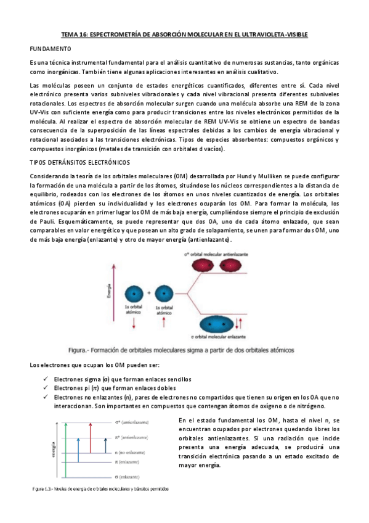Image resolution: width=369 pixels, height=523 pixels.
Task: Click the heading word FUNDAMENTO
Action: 51,48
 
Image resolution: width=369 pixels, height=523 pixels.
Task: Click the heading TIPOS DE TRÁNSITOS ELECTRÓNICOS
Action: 79,162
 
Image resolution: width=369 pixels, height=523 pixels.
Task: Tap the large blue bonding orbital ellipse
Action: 218,323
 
